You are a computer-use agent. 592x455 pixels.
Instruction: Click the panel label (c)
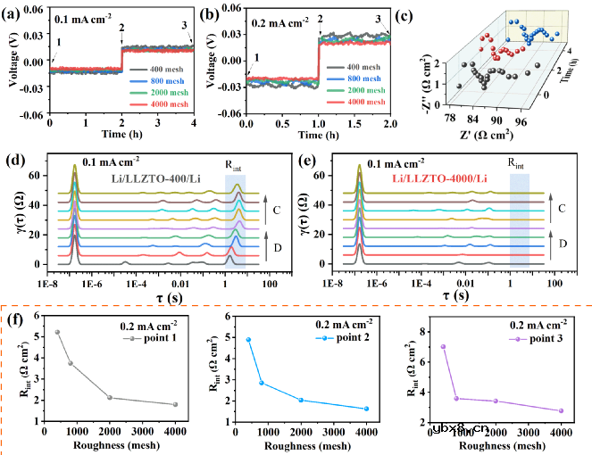point(411,13)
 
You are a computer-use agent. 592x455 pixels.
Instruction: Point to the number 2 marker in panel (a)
point(121,29)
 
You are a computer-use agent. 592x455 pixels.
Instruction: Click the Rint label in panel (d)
point(235,165)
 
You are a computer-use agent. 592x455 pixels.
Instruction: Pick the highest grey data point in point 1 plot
point(57,332)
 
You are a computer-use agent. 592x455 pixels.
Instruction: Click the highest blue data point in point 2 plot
point(248,340)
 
